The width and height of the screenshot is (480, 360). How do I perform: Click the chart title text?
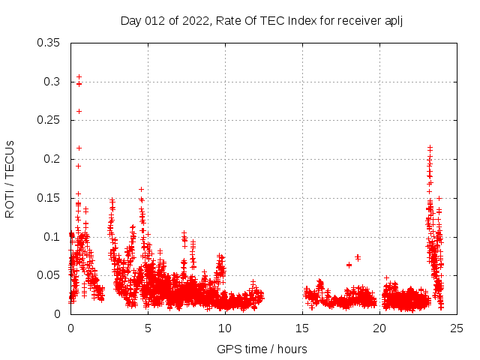262,20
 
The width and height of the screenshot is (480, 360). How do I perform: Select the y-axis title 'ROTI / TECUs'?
10,178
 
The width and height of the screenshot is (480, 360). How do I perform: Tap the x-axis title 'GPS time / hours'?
262,349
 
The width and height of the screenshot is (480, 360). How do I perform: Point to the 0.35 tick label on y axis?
49,42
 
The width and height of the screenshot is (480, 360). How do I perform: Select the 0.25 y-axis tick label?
49,120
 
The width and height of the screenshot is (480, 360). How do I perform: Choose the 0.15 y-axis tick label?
49,198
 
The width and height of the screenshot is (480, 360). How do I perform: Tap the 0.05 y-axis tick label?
49,275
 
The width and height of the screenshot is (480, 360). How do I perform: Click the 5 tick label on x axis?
148,328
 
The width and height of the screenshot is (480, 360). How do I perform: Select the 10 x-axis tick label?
225,328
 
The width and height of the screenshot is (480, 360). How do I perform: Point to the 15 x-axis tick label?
302,328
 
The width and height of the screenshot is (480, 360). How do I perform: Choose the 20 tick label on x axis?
379,328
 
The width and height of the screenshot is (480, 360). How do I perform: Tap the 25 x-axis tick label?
457,328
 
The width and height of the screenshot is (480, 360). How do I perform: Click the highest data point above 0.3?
79,76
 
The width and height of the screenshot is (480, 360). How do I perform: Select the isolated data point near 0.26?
79,111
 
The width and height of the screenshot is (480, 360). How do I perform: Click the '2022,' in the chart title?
195,20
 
